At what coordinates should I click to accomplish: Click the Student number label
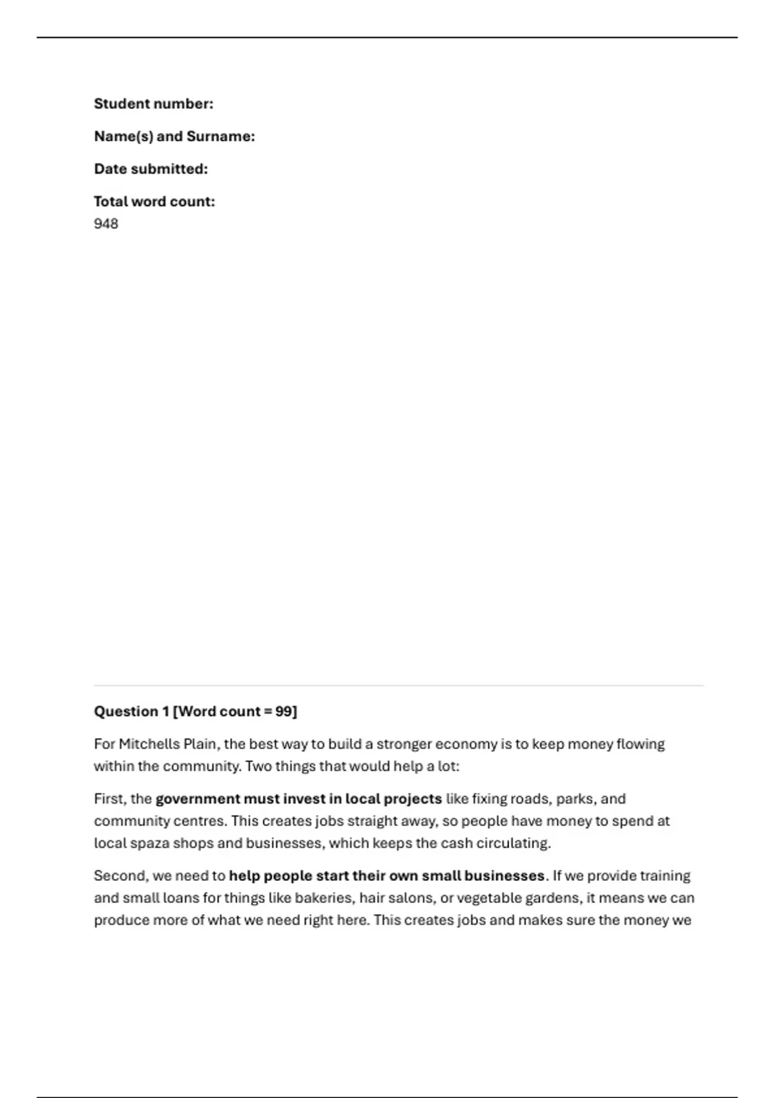(153, 104)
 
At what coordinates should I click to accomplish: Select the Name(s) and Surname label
(174, 136)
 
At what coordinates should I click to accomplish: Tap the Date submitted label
(150, 169)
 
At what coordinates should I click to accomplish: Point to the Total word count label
(154, 202)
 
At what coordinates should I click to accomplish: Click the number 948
(106, 223)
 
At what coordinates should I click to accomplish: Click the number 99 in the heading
(284, 711)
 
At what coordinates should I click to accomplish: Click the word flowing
(640, 744)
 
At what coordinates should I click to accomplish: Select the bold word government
(198, 799)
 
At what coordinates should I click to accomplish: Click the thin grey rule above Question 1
(398, 685)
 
